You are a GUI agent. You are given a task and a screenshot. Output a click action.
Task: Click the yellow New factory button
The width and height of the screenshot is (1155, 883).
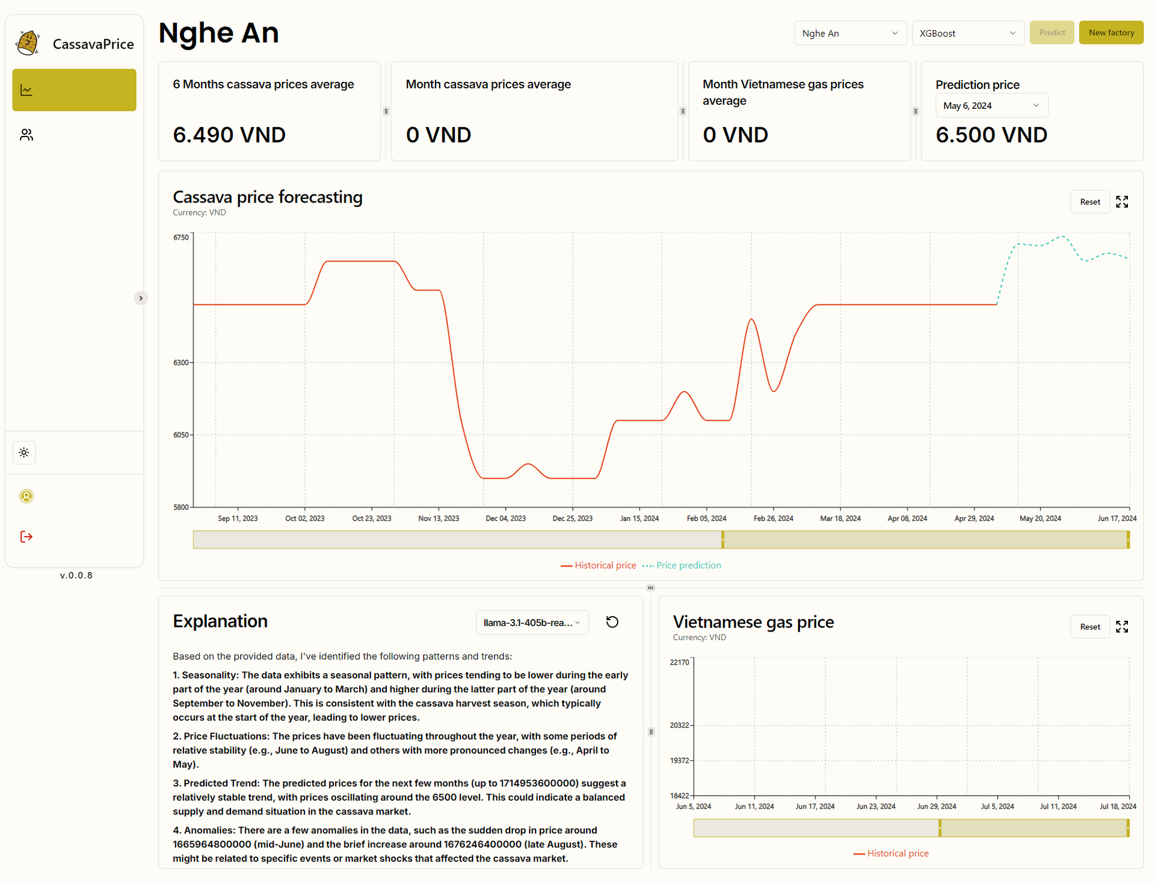[1111, 32]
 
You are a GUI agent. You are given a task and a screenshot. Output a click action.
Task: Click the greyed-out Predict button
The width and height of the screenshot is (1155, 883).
[1052, 32]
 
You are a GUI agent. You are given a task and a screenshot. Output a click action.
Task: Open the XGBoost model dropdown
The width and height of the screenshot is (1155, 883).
[967, 33]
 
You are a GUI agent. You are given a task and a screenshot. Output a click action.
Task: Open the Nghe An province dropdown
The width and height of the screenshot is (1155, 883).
[850, 33]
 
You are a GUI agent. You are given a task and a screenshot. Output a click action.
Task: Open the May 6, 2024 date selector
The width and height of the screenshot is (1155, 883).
[991, 105]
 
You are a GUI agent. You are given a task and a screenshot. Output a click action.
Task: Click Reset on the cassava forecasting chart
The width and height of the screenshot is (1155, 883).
[1090, 202]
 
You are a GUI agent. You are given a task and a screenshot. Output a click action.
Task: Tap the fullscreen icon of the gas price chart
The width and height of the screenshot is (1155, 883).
[1122, 627]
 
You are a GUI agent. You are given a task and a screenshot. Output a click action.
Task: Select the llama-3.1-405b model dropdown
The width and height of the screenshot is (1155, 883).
[532, 623]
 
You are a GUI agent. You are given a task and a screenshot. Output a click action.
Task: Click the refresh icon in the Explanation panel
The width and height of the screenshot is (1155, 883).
[612, 622]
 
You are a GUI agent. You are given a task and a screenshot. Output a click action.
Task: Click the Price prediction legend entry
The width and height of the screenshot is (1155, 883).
[682, 565]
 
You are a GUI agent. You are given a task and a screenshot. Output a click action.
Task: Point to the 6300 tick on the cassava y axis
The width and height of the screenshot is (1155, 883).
[181, 363]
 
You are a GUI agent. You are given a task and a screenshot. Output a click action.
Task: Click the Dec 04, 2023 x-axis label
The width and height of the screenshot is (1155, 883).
[505, 518]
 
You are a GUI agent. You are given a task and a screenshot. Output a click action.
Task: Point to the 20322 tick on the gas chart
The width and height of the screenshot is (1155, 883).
[680, 725]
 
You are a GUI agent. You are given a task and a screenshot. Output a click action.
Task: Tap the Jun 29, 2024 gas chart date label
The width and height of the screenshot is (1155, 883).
[937, 807]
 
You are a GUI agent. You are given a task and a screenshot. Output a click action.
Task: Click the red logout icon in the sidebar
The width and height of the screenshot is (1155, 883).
[26, 537]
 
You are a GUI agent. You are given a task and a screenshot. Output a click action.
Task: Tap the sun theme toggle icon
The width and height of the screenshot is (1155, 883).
[24, 452]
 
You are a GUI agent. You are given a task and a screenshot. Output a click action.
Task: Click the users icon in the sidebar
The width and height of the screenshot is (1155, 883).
[26, 135]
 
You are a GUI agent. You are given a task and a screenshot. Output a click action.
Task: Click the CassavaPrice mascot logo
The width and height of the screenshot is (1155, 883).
[28, 43]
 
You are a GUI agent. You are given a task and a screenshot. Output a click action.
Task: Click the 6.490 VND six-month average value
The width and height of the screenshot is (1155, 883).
[229, 135]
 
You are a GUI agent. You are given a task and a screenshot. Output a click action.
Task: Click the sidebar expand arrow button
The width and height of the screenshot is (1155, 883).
[141, 298]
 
